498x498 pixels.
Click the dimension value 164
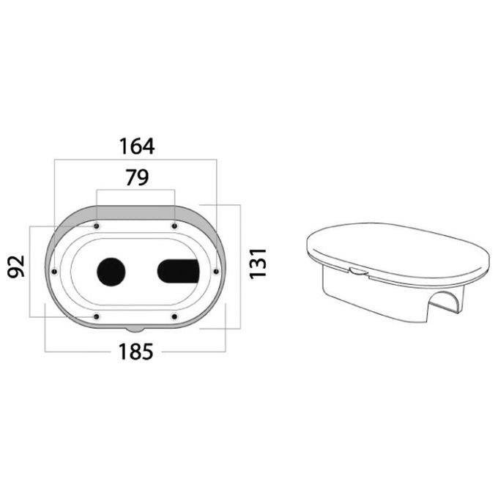click(x=137, y=146)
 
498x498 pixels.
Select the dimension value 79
click(x=137, y=177)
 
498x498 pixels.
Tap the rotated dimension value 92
click(x=16, y=266)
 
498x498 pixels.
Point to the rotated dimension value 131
click(x=258, y=264)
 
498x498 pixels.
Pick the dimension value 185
click(x=135, y=352)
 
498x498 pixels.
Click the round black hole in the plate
click(x=111, y=272)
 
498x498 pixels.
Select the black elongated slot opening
click(x=179, y=272)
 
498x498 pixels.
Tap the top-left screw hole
click(x=97, y=226)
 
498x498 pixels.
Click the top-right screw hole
click(x=174, y=226)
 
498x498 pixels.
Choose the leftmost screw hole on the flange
click(x=54, y=272)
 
